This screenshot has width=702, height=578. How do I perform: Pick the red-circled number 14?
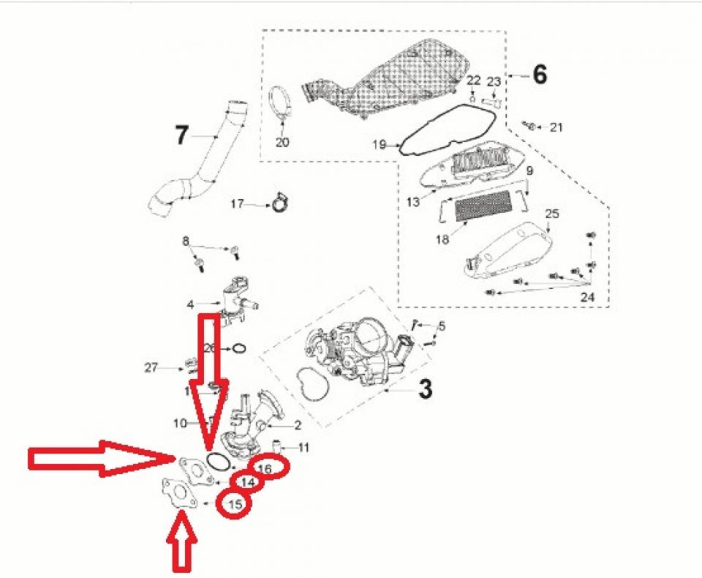tap(248, 483)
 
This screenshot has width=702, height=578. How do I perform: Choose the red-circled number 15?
tap(235, 503)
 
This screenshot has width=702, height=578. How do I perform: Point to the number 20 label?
tap(282, 142)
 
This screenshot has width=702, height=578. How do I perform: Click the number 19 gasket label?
tap(379, 145)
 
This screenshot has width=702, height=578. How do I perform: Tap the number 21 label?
tap(556, 127)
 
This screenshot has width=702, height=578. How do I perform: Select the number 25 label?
tap(552, 214)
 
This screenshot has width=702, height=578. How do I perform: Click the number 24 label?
tap(587, 298)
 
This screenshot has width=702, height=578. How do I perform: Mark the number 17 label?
tap(237, 204)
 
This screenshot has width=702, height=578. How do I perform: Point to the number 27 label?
tap(151, 368)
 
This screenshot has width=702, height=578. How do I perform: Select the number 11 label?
tap(303, 446)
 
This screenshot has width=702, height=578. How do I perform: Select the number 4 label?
tap(189, 304)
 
